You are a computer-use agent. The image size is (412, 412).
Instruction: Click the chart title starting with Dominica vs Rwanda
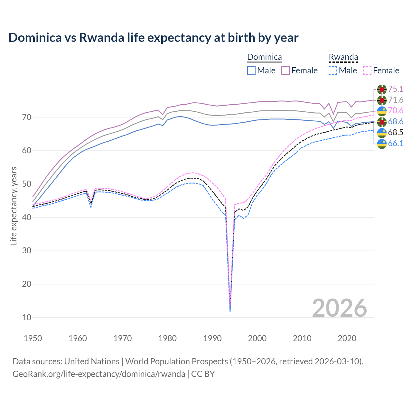click(154, 38)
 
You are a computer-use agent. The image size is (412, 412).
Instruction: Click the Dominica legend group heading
click(264, 57)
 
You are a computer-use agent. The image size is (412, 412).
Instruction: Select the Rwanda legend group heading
click(343, 57)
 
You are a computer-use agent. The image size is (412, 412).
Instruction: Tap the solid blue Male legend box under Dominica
click(251, 70)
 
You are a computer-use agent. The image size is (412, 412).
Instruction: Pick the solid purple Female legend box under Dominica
click(286, 70)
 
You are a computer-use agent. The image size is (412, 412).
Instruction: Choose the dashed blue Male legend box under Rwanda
click(333, 70)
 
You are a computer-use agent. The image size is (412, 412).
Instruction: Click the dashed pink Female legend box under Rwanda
click(367, 70)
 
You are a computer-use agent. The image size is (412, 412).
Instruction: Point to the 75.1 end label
click(396, 89)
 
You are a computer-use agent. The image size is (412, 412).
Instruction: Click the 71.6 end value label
click(396, 100)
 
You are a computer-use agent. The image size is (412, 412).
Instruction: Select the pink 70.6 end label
click(396, 111)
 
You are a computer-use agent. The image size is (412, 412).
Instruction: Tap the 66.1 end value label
click(396, 144)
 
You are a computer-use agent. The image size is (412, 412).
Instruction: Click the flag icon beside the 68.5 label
click(382, 133)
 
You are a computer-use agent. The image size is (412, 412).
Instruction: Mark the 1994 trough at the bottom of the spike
click(230, 311)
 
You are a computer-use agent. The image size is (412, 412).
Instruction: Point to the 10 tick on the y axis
click(27, 317)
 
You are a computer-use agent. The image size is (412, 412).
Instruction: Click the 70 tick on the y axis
click(27, 117)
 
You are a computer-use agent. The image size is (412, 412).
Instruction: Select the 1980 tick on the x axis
click(167, 338)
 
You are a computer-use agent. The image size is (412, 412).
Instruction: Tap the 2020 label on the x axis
click(347, 338)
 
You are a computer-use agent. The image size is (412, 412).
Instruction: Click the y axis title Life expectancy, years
click(14, 206)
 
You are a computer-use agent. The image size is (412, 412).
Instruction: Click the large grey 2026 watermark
click(340, 308)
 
